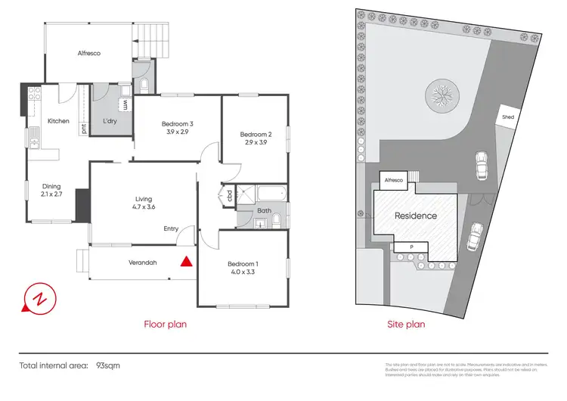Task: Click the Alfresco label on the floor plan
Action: tap(88, 53)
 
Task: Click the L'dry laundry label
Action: tap(110, 122)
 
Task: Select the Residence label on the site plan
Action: tap(416, 216)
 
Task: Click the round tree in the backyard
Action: tap(440, 95)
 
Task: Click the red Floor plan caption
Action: tap(166, 324)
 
